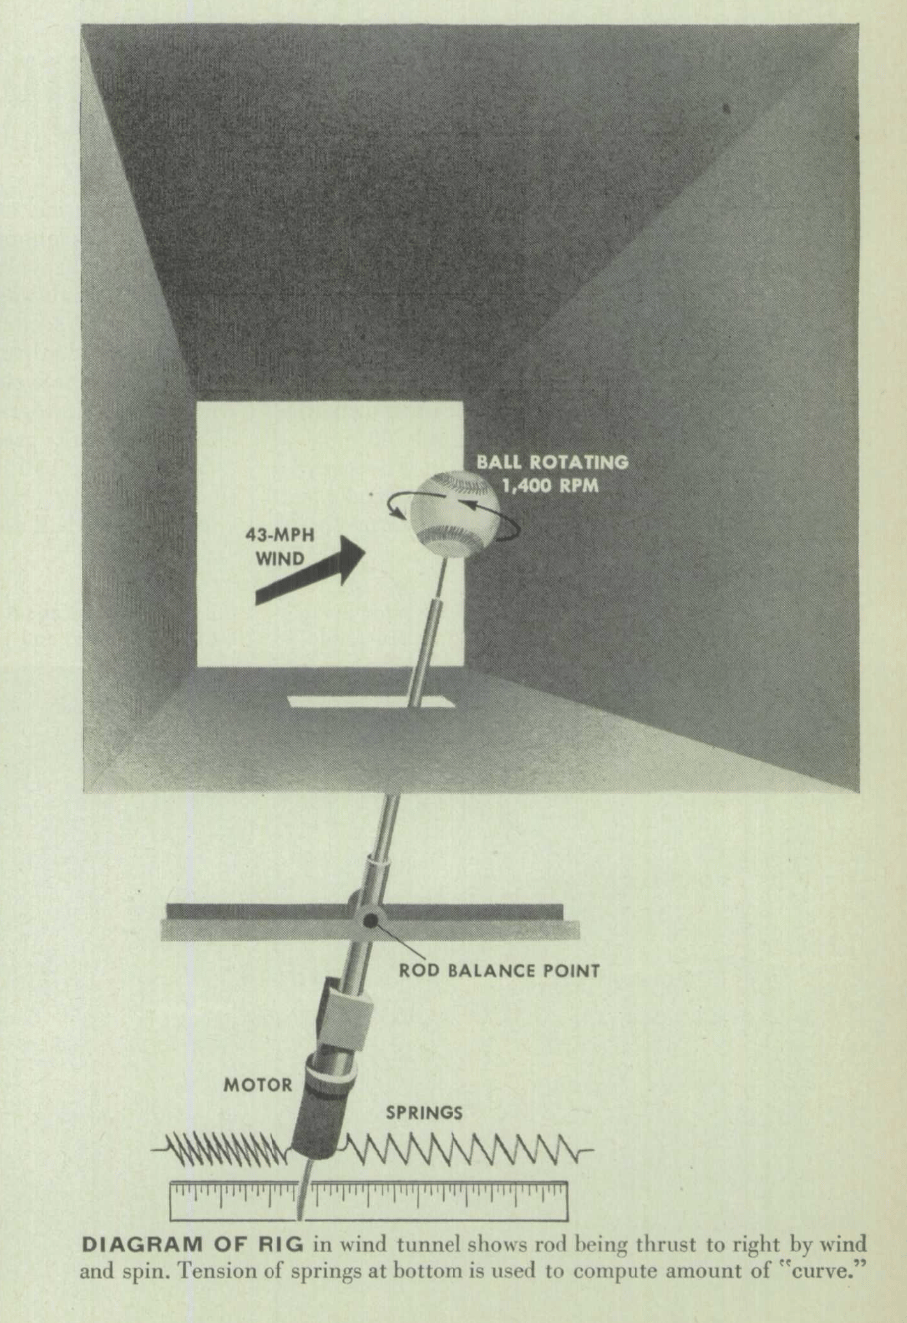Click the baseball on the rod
tap(454, 512)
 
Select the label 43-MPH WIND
tap(279, 546)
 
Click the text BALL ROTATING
tap(553, 462)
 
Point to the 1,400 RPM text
tap(550, 486)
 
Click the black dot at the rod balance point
tap(371, 920)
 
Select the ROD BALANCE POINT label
tap(499, 971)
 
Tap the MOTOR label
tap(258, 1085)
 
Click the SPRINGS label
tap(424, 1113)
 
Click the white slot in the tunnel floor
tap(372, 702)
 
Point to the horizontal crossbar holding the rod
tap(370, 922)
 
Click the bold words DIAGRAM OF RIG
tap(192, 1244)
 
